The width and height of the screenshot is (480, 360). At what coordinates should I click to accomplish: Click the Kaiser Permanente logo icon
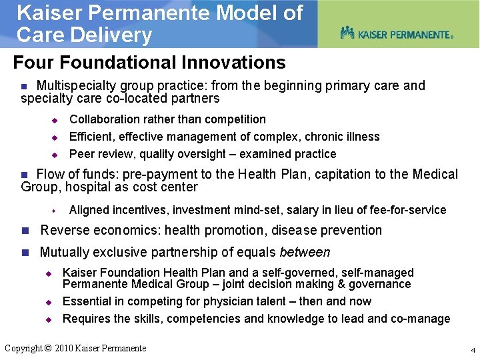click(x=347, y=33)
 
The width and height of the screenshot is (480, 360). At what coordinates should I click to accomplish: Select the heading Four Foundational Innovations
click(x=149, y=63)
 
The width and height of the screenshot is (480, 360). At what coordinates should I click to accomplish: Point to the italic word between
click(x=305, y=253)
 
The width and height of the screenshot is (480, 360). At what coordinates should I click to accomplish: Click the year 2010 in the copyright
click(x=64, y=348)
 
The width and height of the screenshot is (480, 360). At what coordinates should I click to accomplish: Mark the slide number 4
click(x=472, y=350)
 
